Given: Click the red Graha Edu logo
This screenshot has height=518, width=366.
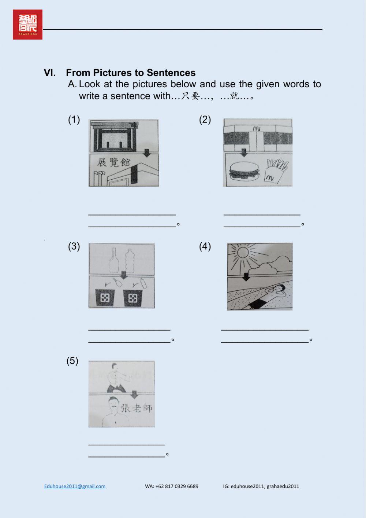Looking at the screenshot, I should click(x=27, y=25).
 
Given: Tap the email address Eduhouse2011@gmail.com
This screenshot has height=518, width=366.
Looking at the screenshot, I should click(x=75, y=486).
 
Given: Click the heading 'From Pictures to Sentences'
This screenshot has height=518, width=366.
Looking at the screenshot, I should click(x=131, y=73).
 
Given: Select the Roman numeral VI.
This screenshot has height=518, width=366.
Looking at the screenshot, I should click(x=50, y=73).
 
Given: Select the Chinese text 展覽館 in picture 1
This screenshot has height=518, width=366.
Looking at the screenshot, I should click(x=113, y=162).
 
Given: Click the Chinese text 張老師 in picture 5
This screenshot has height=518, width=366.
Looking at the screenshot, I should click(x=136, y=408).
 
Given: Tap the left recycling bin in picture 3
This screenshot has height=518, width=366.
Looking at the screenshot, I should click(x=105, y=298).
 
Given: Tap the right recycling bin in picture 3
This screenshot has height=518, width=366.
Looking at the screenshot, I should click(x=132, y=298).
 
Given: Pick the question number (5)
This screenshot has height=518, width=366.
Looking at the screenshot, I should click(x=72, y=361).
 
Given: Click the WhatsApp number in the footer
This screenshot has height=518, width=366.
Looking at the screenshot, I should click(x=171, y=486).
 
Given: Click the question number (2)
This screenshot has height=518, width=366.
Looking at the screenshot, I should click(x=205, y=120).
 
